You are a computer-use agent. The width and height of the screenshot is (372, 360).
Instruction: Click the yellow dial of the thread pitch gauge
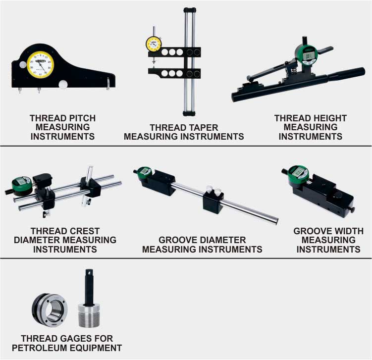40,64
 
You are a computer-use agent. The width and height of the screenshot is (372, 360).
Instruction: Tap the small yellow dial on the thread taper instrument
154,44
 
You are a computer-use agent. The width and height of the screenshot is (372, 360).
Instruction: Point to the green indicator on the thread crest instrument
22,185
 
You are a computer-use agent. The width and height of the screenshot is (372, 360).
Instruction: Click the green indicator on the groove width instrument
298,174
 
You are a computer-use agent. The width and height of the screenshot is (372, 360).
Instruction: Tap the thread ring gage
50,310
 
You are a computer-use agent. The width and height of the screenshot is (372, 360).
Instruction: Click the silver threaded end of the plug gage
89,316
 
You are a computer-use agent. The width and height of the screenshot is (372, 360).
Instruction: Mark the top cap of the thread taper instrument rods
190,10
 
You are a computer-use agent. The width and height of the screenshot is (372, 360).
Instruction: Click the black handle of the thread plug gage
89,287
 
